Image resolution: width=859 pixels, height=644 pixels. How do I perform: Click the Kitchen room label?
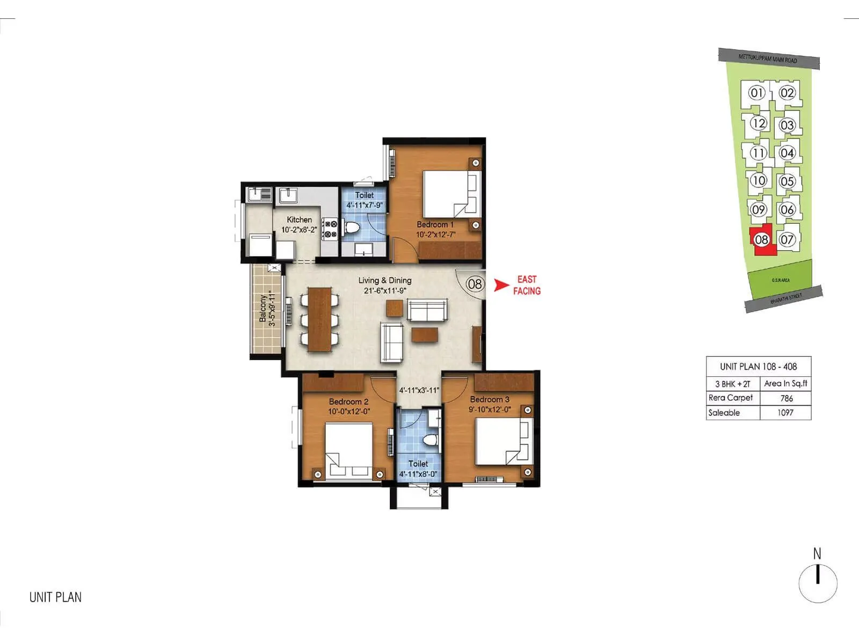[x=299, y=219]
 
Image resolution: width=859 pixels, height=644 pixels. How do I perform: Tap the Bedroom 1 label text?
[x=435, y=224]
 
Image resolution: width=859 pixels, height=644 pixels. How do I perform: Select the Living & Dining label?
[x=385, y=280]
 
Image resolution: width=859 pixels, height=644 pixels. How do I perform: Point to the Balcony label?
[x=263, y=309]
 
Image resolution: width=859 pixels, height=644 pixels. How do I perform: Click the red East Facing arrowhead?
[x=501, y=286]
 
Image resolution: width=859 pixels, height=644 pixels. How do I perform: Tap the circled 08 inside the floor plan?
[x=475, y=283]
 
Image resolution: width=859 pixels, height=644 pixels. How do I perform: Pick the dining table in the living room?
[x=320, y=319]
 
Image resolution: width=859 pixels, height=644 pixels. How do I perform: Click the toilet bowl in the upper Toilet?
[x=352, y=228]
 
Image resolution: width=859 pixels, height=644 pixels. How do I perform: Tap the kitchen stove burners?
[x=330, y=228]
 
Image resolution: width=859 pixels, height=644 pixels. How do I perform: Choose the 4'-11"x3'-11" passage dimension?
[x=419, y=391]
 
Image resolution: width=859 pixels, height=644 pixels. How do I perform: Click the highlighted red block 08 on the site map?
[x=762, y=240]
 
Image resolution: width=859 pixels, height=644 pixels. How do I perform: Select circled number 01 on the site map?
[x=756, y=93]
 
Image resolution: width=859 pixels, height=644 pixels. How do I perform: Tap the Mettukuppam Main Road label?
[x=768, y=58]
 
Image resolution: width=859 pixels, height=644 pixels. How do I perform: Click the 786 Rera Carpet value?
[x=786, y=398]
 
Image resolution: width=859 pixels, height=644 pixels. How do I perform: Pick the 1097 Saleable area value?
[x=785, y=413]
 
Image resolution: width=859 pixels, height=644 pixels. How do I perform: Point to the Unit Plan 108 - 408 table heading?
[x=758, y=367]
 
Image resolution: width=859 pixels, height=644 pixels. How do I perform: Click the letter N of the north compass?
[x=817, y=553]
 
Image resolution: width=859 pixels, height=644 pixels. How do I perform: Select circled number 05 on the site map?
[x=787, y=181]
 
